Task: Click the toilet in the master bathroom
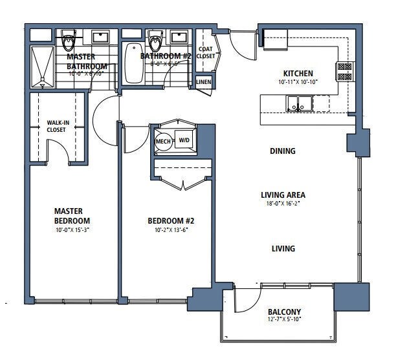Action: click(69, 41)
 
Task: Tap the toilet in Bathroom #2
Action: click(154, 42)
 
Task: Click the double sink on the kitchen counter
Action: click(298, 103)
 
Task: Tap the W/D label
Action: click(184, 140)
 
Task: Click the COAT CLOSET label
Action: click(205, 52)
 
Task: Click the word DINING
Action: click(282, 151)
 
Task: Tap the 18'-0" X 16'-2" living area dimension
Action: click(282, 203)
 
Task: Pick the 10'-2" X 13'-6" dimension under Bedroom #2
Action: click(171, 229)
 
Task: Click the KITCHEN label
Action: click(298, 74)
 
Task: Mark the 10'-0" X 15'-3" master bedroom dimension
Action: click(71, 229)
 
